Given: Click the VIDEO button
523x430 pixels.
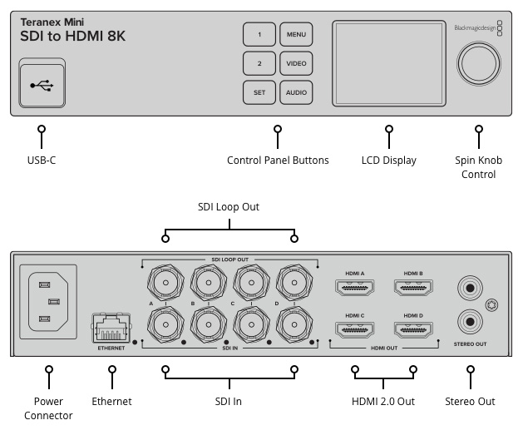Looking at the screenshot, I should (296, 64).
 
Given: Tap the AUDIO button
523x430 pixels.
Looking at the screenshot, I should (296, 92).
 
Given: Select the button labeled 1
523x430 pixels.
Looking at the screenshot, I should (259, 35).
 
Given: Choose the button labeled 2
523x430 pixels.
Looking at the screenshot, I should (259, 64).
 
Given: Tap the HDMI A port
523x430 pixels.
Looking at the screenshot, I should (356, 289).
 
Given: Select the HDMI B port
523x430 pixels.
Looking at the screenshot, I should (412, 289).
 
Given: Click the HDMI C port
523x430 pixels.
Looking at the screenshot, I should (356, 331).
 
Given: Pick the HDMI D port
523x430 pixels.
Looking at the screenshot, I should (412, 331).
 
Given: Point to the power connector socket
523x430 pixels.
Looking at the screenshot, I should (48, 300).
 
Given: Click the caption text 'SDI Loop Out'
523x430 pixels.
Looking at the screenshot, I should (229, 206).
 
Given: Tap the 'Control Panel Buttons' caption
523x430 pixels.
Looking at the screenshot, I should (278, 160).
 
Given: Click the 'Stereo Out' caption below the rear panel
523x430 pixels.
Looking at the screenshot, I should (471, 402).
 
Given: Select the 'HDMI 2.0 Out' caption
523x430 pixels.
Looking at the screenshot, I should (383, 402).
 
